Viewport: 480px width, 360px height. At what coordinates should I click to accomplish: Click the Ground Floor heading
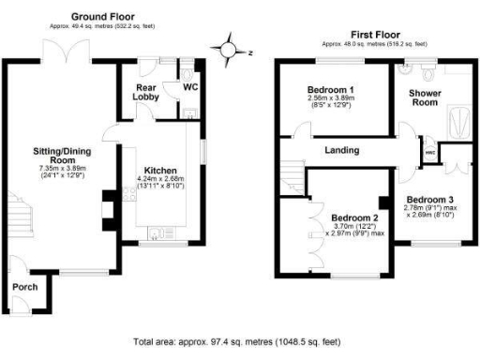(104, 17)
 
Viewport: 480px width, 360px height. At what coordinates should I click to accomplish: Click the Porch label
(25, 286)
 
